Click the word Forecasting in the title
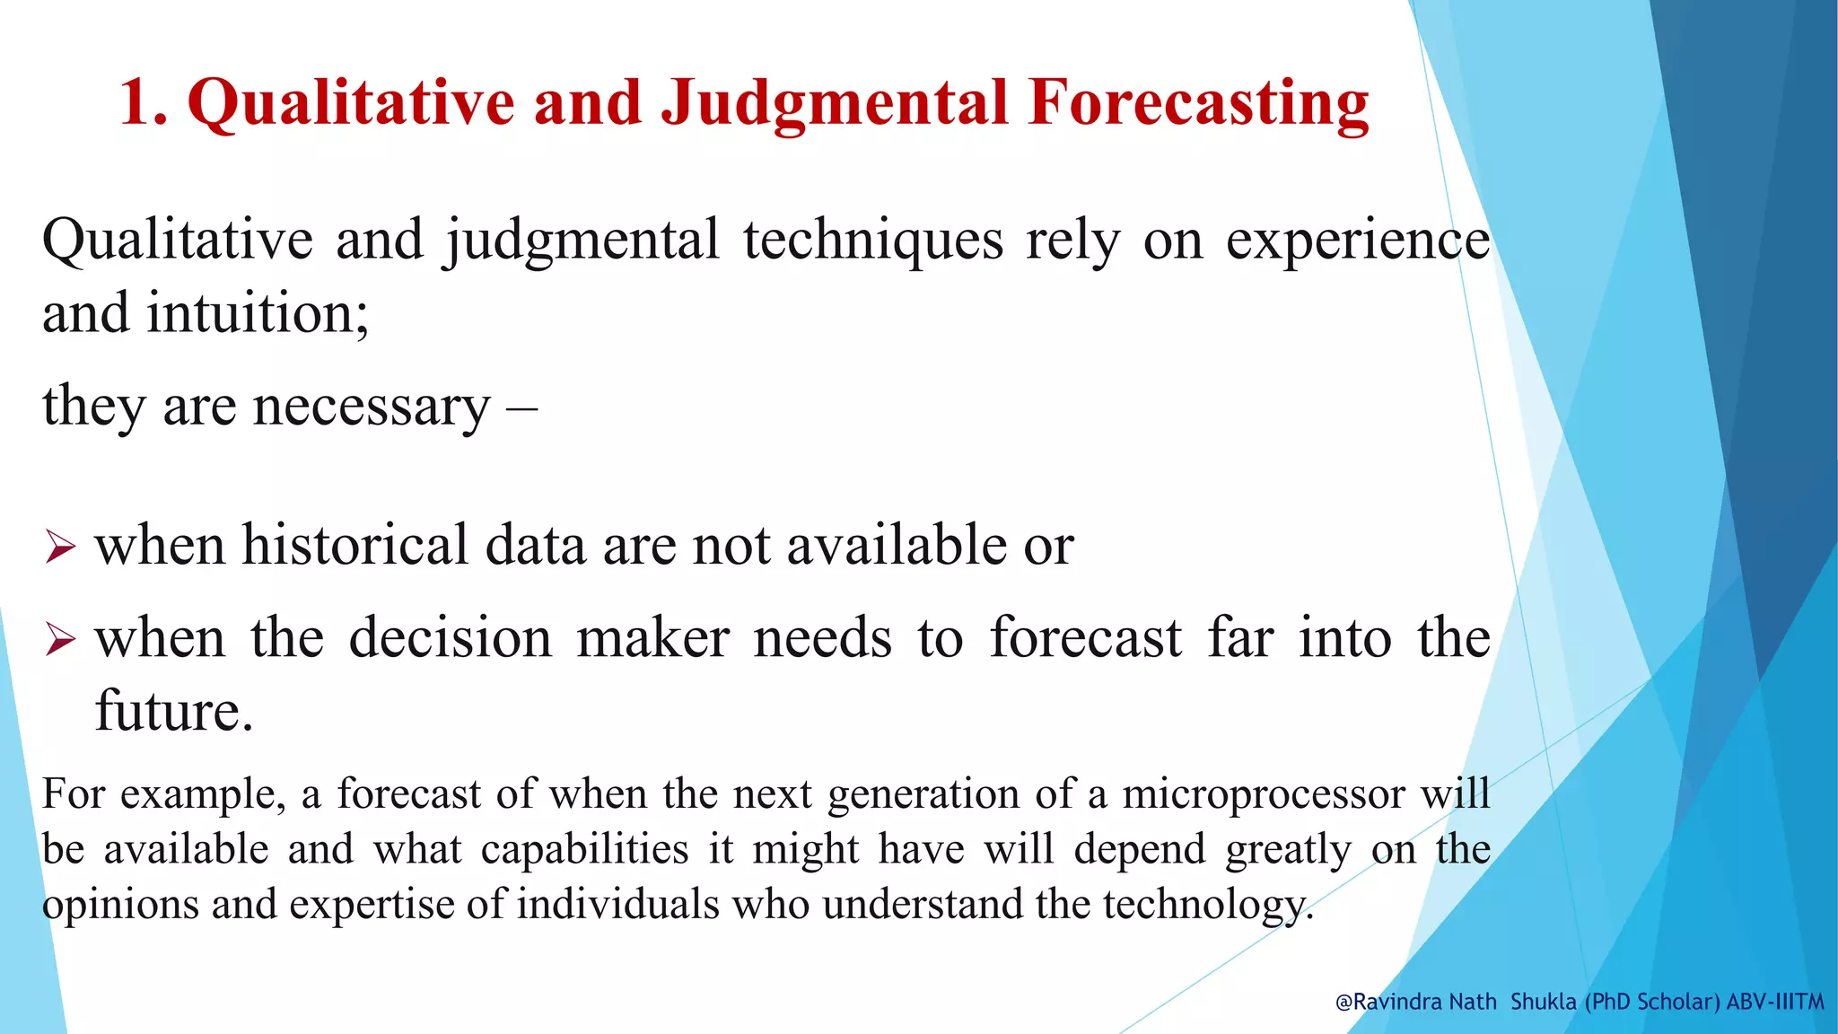tap(1199, 102)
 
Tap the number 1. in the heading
tap(144, 102)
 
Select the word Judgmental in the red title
tap(834, 102)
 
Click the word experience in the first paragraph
tap(1357, 241)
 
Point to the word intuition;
tap(258, 314)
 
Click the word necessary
tap(372, 406)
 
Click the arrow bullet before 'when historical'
tap(60, 547)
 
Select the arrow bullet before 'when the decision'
tap(60, 639)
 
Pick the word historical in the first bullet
tap(355, 545)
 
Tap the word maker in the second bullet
tap(652, 638)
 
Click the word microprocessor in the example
tap(1263, 794)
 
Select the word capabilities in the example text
tap(584, 849)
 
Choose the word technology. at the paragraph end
tap(1208, 904)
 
